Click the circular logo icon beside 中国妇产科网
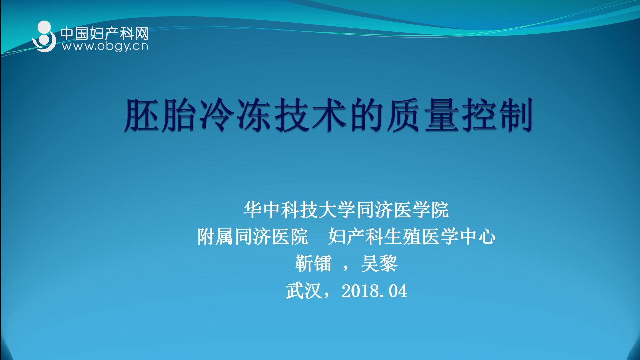coord(44,37)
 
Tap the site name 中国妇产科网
coord(104,33)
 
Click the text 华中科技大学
coord(290,210)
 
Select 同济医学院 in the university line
coord(402,210)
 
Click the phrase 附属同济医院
coord(253,237)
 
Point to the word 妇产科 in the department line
coord(356,237)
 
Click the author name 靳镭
coord(313,264)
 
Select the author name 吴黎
coord(379,264)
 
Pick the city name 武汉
coord(304,291)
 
